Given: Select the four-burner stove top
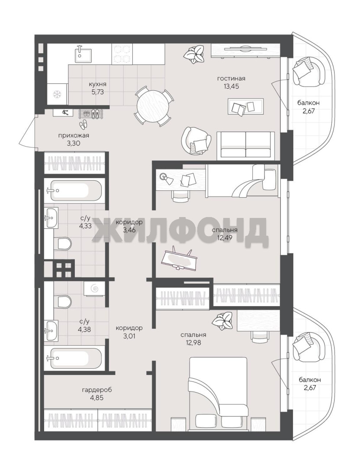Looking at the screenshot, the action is click(122, 54).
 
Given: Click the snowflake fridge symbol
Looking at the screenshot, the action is click(57, 95).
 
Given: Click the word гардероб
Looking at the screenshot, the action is click(97, 390).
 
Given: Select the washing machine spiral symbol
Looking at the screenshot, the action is click(94, 288).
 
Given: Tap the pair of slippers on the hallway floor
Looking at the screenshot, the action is click(83, 124).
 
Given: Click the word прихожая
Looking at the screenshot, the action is click(74, 135).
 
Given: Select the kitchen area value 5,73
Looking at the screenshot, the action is click(97, 92).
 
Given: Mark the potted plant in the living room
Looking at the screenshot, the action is click(193, 54).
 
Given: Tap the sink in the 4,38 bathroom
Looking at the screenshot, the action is click(51, 330).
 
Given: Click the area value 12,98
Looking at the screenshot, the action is click(193, 343).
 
